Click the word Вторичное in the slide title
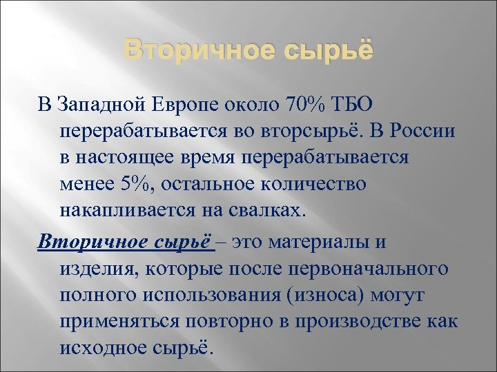(186, 52)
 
